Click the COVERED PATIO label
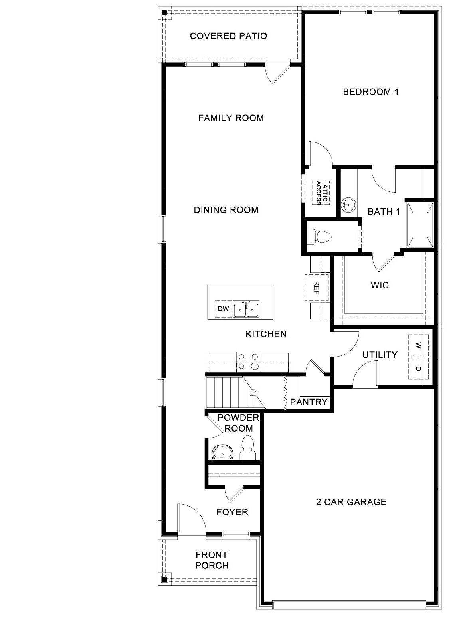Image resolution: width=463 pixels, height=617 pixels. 228,36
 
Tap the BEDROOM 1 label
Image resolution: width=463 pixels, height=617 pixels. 371,92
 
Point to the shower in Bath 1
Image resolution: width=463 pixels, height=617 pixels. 419,225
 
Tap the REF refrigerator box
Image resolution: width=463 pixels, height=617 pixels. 317,287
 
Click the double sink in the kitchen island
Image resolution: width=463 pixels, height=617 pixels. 247,309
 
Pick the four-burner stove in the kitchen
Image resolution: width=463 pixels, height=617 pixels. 248,361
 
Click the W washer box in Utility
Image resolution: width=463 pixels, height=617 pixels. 418,345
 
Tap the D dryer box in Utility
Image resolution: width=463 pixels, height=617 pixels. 418,368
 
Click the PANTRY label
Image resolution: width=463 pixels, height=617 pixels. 309,402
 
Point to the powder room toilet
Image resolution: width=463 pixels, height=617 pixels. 248,448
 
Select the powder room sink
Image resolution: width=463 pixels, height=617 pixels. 222,453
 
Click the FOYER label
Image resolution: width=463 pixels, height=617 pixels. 232,512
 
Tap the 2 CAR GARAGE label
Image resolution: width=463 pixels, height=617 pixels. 351,502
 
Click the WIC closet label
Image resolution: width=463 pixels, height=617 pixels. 379,285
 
